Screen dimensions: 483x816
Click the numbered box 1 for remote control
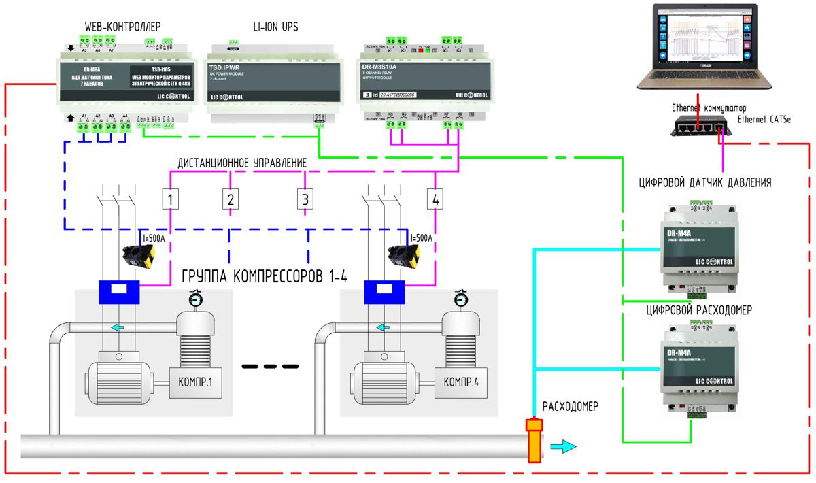tap(170, 199)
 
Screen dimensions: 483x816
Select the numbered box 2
tap(231, 199)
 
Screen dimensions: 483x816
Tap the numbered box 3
tap(305, 199)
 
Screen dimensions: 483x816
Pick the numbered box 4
tap(435, 199)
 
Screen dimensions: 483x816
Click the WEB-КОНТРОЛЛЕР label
tap(122, 27)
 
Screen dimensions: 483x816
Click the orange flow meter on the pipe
tap(534, 440)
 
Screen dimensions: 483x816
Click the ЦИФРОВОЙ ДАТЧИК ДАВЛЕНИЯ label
tap(704, 182)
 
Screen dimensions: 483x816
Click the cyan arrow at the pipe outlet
tap(563, 446)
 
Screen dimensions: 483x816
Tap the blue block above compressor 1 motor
tap(119, 292)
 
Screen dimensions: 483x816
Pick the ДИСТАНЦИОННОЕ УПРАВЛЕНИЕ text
tap(241, 163)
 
